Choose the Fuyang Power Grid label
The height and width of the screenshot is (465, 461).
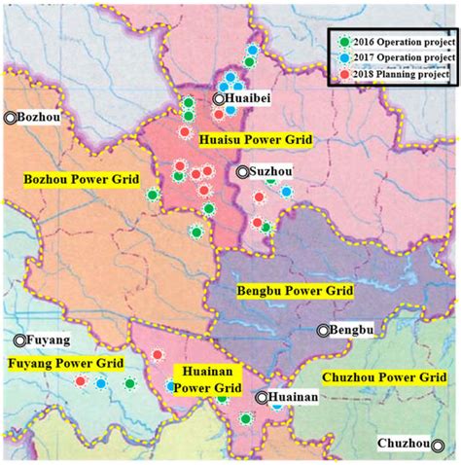click(65, 365)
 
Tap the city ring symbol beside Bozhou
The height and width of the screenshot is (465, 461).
click(10, 118)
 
